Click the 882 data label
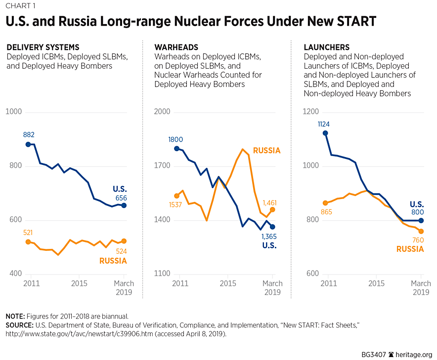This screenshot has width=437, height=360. (x=29, y=134)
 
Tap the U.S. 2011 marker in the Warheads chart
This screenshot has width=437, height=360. (x=176, y=149)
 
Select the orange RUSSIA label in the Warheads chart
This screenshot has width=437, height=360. (x=267, y=151)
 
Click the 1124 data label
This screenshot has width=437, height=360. (x=325, y=123)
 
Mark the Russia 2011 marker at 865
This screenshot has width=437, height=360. (x=325, y=203)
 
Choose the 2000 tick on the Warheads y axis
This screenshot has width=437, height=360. (x=162, y=112)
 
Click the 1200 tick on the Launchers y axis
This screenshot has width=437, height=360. (x=312, y=112)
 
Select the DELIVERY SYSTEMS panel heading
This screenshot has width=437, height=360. (x=43, y=47)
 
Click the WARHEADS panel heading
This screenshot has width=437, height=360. (x=176, y=47)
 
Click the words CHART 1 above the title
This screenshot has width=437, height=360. (x=20, y=6)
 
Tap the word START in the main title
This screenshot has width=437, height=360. (x=356, y=21)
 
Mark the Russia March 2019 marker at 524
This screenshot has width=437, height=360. (x=124, y=241)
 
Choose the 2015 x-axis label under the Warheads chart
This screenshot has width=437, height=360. (x=227, y=283)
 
